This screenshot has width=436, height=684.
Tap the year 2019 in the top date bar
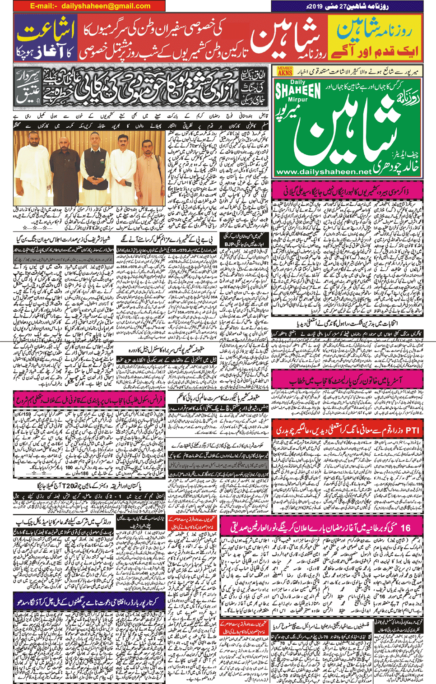(x=323, y=6)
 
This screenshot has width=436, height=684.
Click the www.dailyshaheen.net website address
(x=324, y=172)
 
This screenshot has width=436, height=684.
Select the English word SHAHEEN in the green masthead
(x=298, y=91)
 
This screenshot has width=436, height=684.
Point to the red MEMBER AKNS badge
(x=285, y=70)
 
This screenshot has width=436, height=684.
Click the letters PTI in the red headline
(x=411, y=430)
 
